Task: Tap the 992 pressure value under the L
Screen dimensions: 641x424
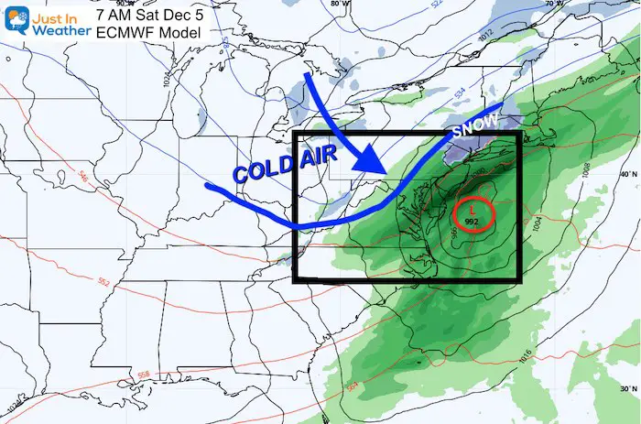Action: pyautogui.click(x=473, y=222)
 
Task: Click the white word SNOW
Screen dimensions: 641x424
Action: pyautogui.click(x=473, y=127)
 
